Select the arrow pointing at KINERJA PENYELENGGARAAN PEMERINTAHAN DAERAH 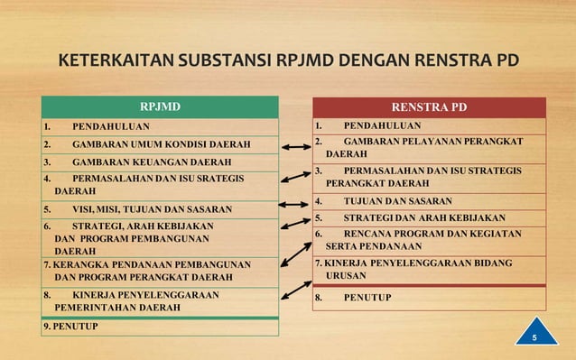click(x=296, y=291)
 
